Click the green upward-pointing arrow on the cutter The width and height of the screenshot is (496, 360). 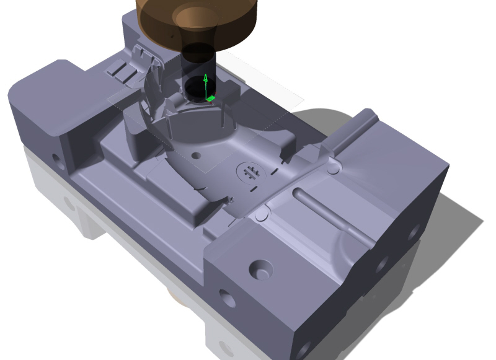(205, 85)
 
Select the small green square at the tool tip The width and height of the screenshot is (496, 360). (211, 98)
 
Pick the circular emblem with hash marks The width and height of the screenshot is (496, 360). (251, 172)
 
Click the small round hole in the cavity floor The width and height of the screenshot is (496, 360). (197, 156)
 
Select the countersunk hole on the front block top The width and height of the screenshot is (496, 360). (260, 270)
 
